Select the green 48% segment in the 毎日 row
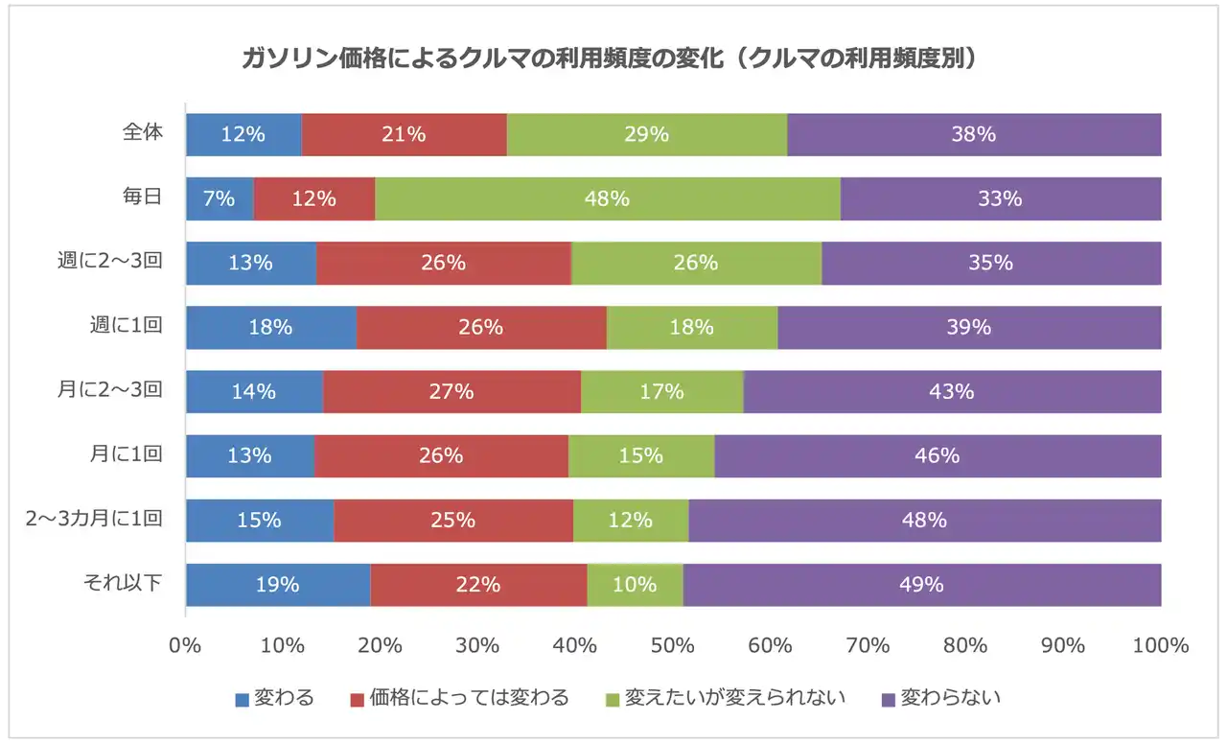(x=607, y=199)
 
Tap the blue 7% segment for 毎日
(x=220, y=199)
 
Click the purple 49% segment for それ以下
(x=921, y=585)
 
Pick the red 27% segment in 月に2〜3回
(x=451, y=392)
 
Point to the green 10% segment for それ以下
(x=635, y=585)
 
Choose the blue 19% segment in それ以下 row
(x=278, y=585)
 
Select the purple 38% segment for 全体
(x=973, y=135)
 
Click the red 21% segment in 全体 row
(x=404, y=135)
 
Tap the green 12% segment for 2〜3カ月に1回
(x=630, y=521)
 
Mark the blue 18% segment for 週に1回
(x=270, y=328)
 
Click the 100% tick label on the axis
(x=1160, y=646)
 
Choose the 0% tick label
(x=185, y=646)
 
